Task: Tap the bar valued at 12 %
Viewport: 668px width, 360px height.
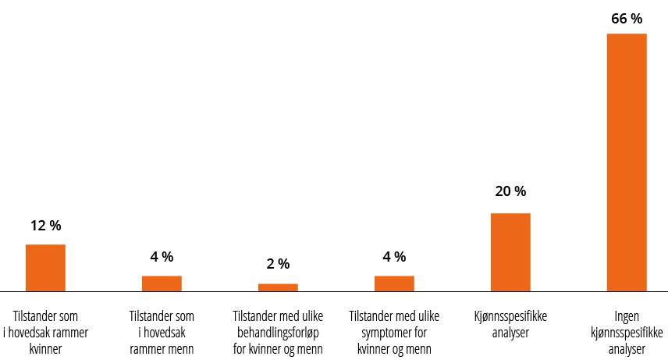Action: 45,267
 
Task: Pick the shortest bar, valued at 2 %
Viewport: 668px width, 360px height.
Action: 278,287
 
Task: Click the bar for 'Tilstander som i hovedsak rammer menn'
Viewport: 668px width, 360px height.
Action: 162,283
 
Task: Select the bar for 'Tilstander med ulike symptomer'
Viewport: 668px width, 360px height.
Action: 394,283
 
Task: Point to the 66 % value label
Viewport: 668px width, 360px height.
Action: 627,19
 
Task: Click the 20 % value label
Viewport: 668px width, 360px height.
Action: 510,191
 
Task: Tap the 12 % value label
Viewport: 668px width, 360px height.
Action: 45,226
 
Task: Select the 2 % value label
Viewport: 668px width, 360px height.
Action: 278,264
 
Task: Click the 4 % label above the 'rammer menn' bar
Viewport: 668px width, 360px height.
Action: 162,257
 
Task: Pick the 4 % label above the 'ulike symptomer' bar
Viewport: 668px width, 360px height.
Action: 394,257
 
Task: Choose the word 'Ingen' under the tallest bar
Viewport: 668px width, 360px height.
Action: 627,317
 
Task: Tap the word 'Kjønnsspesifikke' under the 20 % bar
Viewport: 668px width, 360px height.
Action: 510,317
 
